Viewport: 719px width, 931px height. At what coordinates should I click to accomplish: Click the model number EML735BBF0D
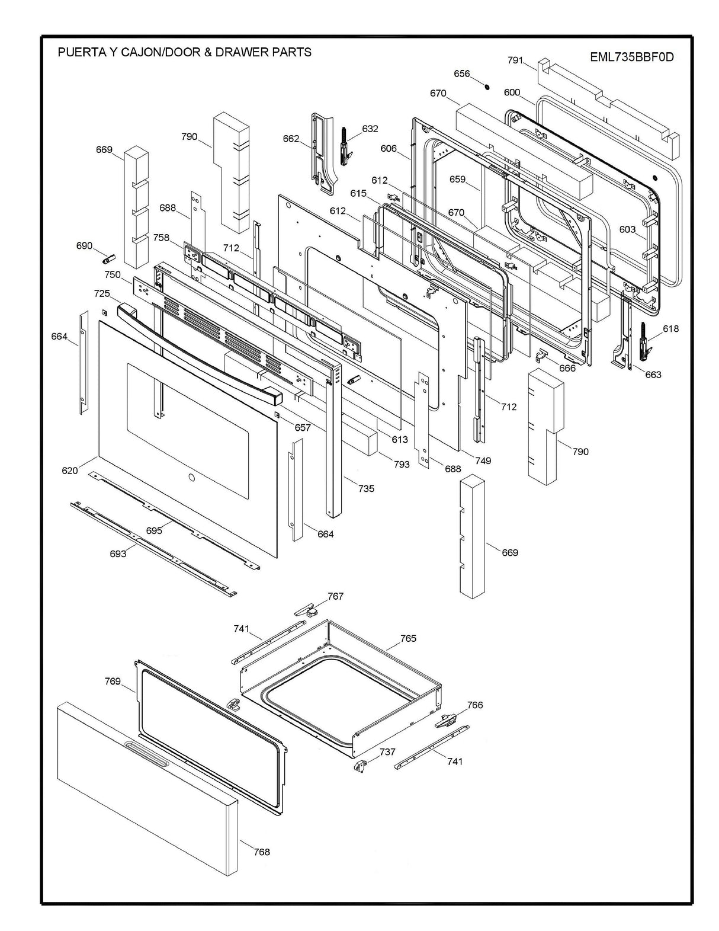coord(632,57)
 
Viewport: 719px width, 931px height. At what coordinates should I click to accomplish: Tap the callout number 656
coord(461,74)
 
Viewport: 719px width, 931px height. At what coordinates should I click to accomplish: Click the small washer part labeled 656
coord(486,87)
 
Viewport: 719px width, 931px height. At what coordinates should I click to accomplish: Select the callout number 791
coord(515,60)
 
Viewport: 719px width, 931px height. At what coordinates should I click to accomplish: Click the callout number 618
coord(670,329)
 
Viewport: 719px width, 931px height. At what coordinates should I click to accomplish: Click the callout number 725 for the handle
coord(102,294)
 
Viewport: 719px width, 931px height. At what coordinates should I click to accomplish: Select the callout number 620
coord(69,471)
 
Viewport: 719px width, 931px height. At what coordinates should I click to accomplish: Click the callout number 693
coord(117,554)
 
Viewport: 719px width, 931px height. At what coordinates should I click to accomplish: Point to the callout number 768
coord(261,852)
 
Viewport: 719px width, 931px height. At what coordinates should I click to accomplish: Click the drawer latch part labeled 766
coord(446,721)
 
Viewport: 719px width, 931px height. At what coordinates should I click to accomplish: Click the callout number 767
coord(335,596)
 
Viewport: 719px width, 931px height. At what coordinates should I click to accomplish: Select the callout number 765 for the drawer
coord(408,638)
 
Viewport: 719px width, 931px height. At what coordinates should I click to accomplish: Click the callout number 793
coord(402,464)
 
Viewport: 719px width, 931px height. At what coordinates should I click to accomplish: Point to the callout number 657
coord(303,427)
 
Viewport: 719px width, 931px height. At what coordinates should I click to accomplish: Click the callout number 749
coord(483,460)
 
